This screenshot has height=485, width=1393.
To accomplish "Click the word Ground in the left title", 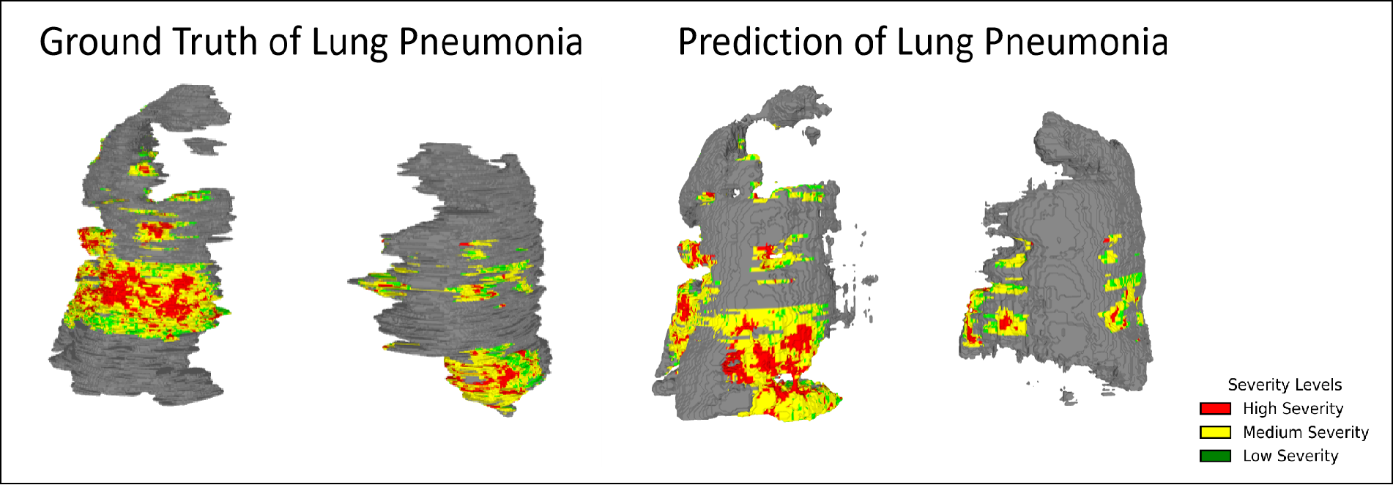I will pyautogui.click(x=99, y=42).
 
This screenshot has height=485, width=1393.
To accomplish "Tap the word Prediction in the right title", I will pyautogui.click(x=759, y=42).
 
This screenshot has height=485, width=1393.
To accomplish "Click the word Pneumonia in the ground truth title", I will pyautogui.click(x=490, y=42).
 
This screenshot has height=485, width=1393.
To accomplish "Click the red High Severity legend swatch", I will pyautogui.click(x=1215, y=409).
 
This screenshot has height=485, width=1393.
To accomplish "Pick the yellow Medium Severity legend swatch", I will pyautogui.click(x=1215, y=432).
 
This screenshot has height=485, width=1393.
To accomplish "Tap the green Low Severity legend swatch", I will pyautogui.click(x=1215, y=456).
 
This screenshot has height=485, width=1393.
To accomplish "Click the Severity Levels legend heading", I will pyautogui.click(x=1285, y=385).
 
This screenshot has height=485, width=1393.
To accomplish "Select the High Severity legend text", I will pyautogui.click(x=1293, y=409).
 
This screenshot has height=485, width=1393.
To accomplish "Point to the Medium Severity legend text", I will pyautogui.click(x=1305, y=432).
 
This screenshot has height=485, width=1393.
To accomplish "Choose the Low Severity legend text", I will pyautogui.click(x=1290, y=456).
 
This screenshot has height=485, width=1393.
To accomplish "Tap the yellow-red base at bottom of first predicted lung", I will pyautogui.click(x=795, y=399).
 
